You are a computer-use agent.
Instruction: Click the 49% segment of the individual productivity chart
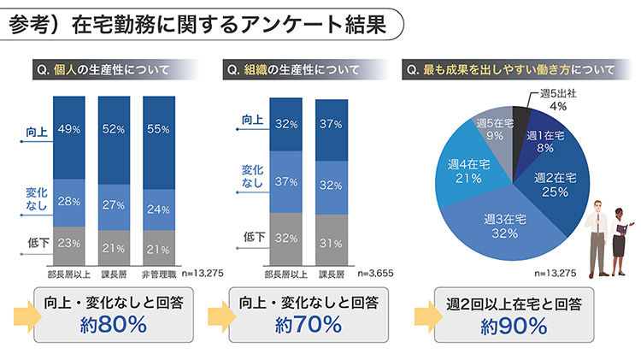pos(69,129)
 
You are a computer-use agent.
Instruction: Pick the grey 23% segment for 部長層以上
pos(69,243)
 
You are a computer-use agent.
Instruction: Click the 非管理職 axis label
pos(159,274)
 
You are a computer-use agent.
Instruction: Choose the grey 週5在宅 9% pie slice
pos(493,128)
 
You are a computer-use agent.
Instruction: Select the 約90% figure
pos(514,325)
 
